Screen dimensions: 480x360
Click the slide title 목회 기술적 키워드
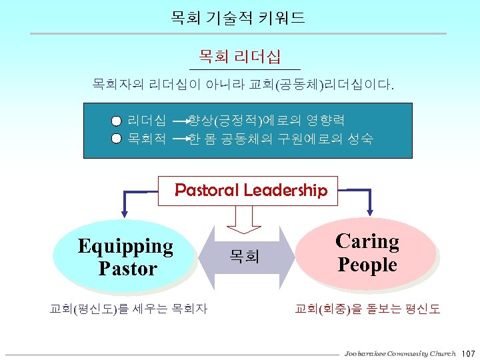(x=238, y=17)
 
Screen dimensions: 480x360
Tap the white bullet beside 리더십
(x=117, y=121)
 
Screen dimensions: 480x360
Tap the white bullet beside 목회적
(x=117, y=139)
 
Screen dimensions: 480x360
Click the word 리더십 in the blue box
(x=147, y=121)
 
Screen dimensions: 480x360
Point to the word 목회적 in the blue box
(x=147, y=139)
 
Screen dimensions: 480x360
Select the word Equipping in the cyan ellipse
(x=125, y=246)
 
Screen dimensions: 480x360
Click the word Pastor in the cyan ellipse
(x=127, y=269)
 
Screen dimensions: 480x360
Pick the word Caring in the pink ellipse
(x=367, y=241)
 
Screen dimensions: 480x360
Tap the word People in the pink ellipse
(x=367, y=265)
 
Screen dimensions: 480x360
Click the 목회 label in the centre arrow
(x=245, y=255)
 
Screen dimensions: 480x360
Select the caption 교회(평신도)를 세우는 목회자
(x=129, y=309)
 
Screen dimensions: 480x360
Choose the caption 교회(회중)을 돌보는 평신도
(x=367, y=309)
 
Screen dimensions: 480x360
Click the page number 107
(x=468, y=352)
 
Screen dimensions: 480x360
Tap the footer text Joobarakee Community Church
(x=400, y=352)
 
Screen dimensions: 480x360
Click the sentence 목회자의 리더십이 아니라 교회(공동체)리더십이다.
(x=243, y=85)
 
